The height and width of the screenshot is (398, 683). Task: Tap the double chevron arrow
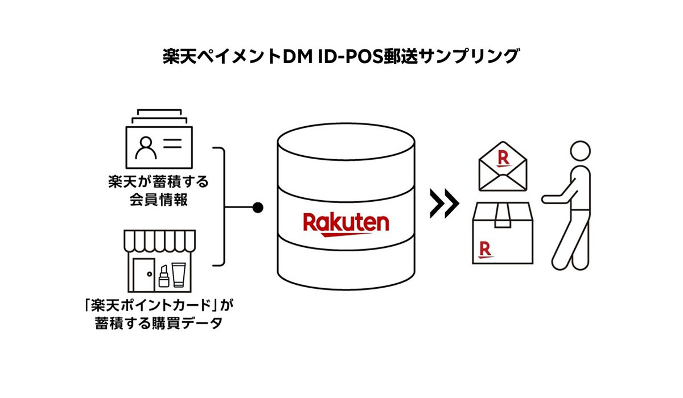(x=444, y=204)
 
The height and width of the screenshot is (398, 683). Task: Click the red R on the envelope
(x=503, y=158)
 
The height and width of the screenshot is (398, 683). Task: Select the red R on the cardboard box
(x=485, y=248)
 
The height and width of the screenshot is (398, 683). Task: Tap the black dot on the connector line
(x=258, y=208)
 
